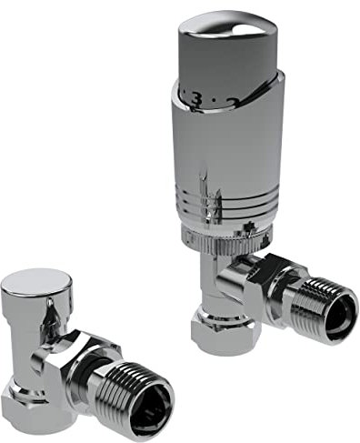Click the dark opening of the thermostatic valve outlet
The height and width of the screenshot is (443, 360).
click(340, 315)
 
